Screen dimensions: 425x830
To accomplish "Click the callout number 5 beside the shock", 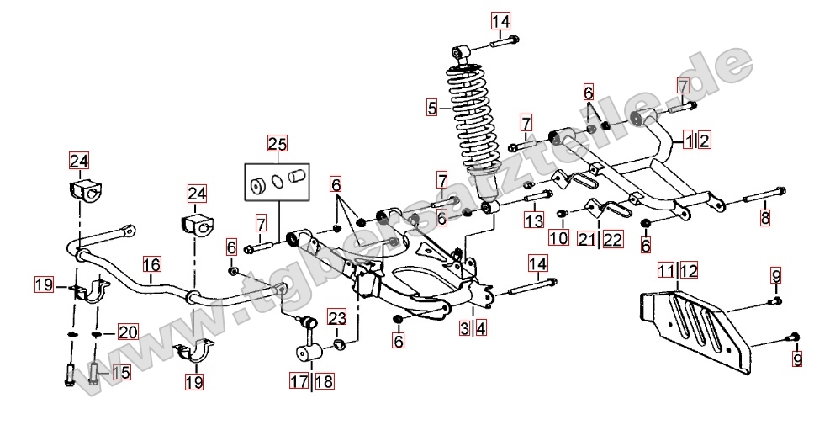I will (431, 107).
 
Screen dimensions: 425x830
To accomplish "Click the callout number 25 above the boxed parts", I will (278, 143).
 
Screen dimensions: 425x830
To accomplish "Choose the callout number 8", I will (764, 218).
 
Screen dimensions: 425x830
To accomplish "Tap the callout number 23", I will (337, 318).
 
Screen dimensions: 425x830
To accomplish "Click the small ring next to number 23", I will (338, 344).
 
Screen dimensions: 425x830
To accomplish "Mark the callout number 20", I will (127, 332).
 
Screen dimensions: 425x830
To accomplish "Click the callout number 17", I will (300, 381).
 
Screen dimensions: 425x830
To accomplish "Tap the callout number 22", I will (613, 239).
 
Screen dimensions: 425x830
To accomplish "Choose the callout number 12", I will (690, 270).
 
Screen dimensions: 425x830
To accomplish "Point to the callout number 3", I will (464, 329).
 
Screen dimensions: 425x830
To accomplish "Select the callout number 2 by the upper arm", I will (705, 140).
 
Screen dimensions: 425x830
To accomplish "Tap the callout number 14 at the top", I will (500, 20).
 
